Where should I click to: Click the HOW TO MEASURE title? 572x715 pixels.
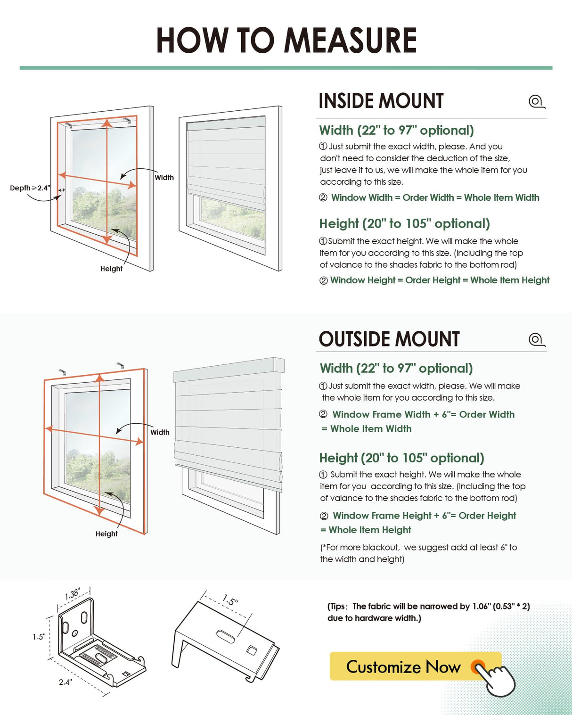click(x=286, y=41)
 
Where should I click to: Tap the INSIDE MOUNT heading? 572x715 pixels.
click(x=381, y=101)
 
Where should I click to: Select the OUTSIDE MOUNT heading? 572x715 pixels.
click(x=389, y=339)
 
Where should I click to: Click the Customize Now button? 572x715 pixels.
click(x=403, y=666)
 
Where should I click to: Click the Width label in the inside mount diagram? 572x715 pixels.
click(x=164, y=178)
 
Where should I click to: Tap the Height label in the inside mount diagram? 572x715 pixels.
click(x=111, y=269)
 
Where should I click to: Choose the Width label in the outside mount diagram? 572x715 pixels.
click(x=160, y=432)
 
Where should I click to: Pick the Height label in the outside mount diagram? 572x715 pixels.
click(x=106, y=534)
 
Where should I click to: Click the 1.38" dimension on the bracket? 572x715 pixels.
click(x=73, y=594)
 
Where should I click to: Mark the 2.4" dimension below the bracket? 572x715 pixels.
click(x=65, y=682)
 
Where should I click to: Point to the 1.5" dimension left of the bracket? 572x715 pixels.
click(x=39, y=637)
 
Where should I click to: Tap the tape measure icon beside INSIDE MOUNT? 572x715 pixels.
click(x=536, y=101)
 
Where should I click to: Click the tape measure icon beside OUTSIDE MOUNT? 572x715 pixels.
click(x=536, y=339)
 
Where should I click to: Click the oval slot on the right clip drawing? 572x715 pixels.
click(x=225, y=637)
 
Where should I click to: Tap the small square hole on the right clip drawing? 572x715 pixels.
click(x=252, y=651)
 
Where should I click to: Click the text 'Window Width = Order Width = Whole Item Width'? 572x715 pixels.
click(x=435, y=197)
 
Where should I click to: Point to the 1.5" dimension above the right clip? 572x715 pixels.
click(x=230, y=600)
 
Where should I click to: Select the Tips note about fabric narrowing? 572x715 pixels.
click(x=428, y=612)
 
